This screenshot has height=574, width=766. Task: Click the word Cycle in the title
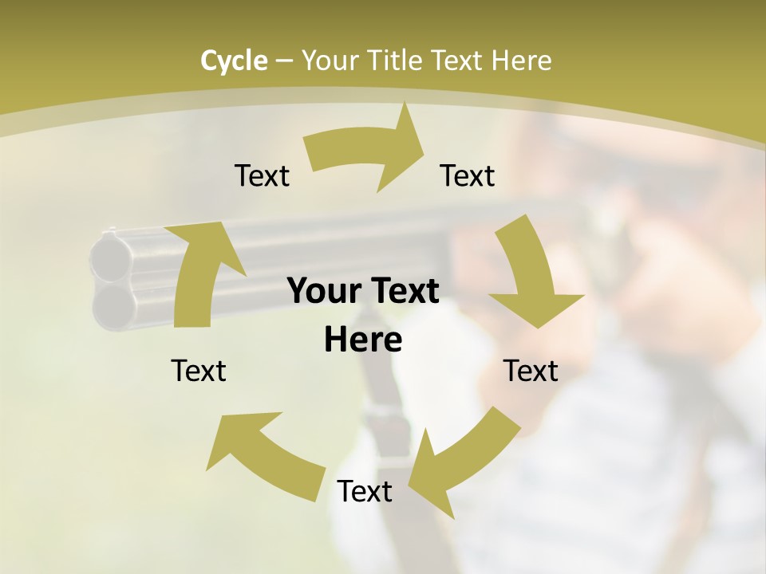point(234,61)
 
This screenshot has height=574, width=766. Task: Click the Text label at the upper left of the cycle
point(262,175)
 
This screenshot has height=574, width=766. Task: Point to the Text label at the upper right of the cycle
point(468,175)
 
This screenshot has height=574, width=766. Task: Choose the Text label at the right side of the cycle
point(531,371)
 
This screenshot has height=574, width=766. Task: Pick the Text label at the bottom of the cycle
point(365,492)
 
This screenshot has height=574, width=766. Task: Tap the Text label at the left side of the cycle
point(199,371)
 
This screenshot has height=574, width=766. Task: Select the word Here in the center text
point(363,340)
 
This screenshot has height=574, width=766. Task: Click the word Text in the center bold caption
point(403,291)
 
